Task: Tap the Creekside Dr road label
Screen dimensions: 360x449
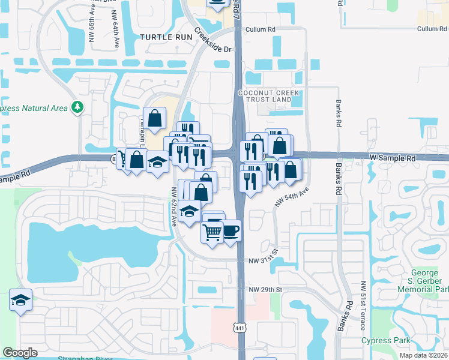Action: pos(212,41)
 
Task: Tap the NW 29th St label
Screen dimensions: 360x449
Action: pos(265,290)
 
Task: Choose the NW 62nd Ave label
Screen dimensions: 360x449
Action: pos(174,206)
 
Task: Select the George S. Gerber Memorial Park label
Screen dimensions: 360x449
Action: pos(423,280)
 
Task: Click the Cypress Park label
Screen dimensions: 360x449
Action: pos(386,341)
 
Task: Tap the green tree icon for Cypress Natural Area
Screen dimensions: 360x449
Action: pos(77,107)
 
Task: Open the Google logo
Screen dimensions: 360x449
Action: pos(20,353)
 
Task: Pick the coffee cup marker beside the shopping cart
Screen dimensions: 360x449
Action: pos(231,230)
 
